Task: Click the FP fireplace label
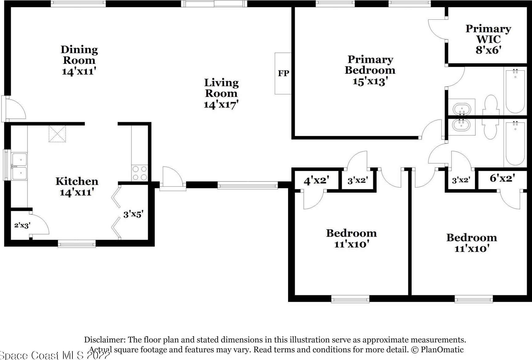point(283,73)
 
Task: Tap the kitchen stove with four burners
point(140,173)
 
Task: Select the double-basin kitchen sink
point(19,166)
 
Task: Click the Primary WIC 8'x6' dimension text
point(488,50)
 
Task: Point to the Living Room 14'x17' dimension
point(221,105)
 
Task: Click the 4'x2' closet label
point(316,180)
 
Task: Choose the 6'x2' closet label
point(502,178)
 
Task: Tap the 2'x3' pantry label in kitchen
point(22,225)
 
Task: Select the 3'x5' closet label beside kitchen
point(133,214)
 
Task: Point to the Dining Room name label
point(79,55)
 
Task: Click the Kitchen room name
point(77,181)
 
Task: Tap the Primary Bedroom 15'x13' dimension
point(370,81)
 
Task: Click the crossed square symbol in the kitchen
point(57,134)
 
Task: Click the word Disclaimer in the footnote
point(105,340)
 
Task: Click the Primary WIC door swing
point(437,30)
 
